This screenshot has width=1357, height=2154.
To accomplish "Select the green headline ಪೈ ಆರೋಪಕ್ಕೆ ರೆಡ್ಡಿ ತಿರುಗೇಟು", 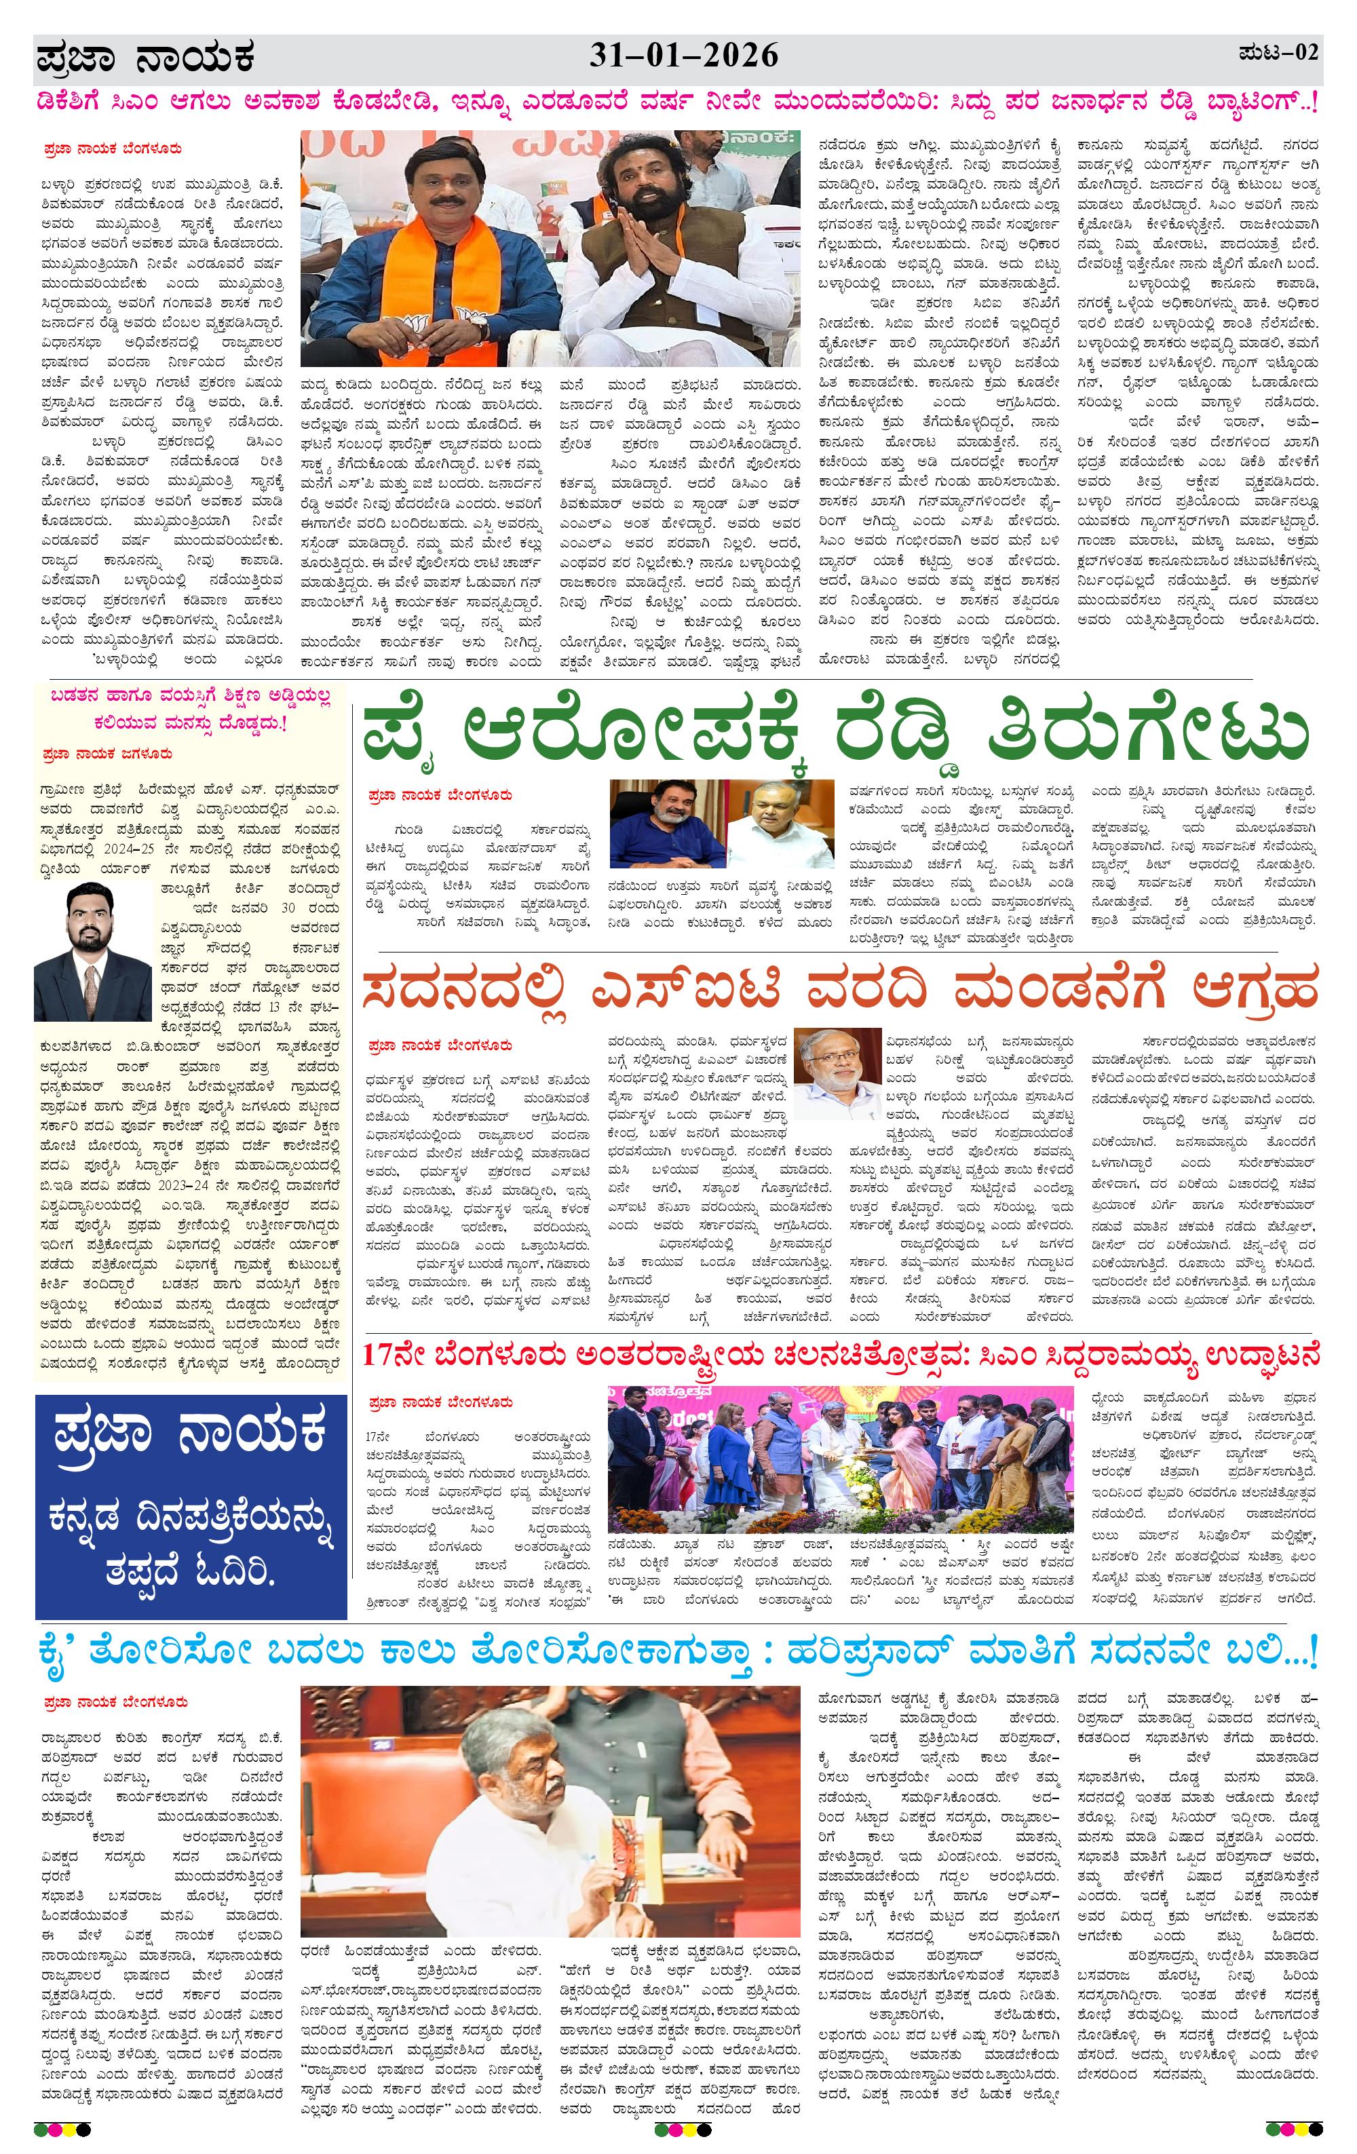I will pyautogui.click(x=835, y=733).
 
